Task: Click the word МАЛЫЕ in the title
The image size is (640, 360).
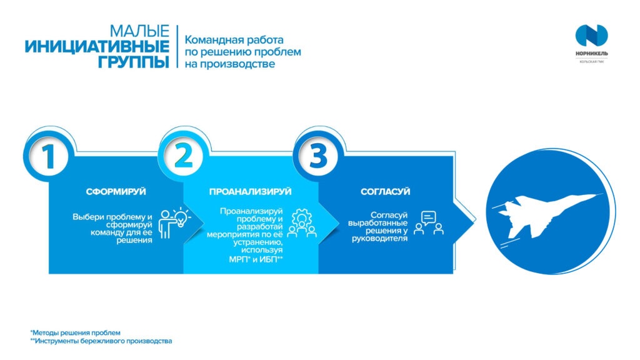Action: coord(139,31)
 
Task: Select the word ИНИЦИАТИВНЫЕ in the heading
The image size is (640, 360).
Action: coord(97,46)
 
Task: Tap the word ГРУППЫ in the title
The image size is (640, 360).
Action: coord(134,62)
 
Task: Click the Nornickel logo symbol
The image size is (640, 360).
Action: coord(591,36)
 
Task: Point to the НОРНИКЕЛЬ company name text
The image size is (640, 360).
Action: coord(591,54)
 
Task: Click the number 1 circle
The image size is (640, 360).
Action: coord(49,155)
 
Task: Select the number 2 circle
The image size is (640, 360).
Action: coord(183,155)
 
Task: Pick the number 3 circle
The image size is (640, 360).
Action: coord(318,155)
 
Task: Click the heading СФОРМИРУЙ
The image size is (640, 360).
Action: coord(116,192)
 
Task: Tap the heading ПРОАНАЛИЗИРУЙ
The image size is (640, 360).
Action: coord(250,192)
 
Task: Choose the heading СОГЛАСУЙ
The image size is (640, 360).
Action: coord(385,192)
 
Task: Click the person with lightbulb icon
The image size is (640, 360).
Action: coord(174,223)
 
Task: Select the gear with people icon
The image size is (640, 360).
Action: coord(302,223)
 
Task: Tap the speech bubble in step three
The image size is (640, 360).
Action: coord(428,218)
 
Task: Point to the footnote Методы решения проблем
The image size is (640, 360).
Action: coord(76,332)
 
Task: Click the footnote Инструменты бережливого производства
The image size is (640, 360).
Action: coord(101,341)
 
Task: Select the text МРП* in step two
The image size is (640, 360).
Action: coord(239,259)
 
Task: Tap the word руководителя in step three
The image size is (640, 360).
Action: coord(379,238)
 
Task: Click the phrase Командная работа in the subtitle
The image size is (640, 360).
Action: coord(234,40)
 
